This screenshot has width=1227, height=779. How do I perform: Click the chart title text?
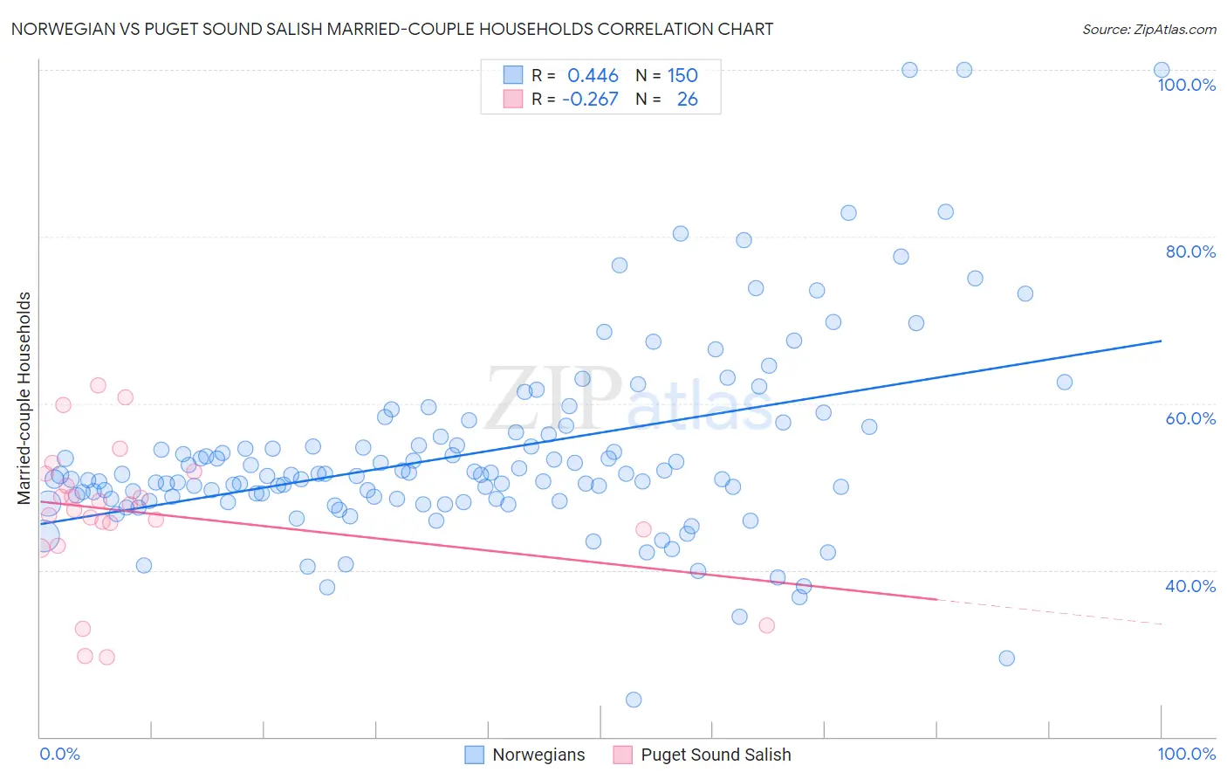[392, 29]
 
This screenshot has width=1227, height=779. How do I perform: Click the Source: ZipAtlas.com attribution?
[1148, 29]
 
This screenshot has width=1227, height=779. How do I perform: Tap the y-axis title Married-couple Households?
[24, 398]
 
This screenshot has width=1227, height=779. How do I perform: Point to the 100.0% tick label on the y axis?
[1186, 85]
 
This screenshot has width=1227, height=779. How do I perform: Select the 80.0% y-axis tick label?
[1190, 252]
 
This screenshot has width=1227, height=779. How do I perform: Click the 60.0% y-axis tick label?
[1190, 418]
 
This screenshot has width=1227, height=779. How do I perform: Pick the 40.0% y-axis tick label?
[1190, 586]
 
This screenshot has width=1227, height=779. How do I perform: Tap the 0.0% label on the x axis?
[59, 754]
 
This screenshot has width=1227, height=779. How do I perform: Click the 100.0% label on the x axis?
[1186, 754]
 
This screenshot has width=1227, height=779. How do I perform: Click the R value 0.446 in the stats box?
[593, 75]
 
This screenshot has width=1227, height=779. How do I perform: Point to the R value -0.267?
[590, 100]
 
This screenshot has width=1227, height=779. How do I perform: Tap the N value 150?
[682, 75]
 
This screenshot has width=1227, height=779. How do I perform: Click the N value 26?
[687, 100]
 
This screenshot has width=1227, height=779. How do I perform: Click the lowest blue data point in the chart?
[634, 700]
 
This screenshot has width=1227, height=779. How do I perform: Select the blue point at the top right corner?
[1162, 70]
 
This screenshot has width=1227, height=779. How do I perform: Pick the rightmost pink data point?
[767, 625]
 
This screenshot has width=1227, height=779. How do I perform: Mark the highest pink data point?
[98, 385]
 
